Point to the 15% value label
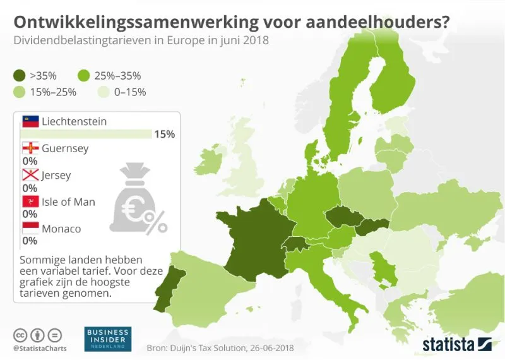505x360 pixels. (x=165, y=135)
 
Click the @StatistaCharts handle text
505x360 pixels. (x=40, y=348)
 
